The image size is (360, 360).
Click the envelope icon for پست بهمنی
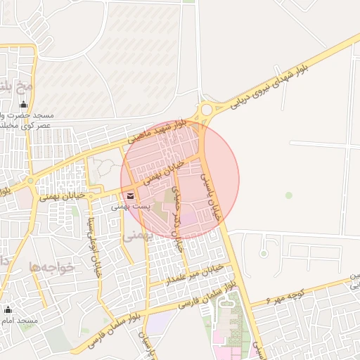click(x=130, y=195)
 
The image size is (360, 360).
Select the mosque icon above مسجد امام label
click(x=8, y=309)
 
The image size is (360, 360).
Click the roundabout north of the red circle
click(x=205, y=110)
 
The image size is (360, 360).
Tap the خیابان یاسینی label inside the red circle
click(x=212, y=198)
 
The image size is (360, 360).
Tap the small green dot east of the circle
click(x=288, y=195)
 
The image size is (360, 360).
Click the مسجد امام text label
click(x=19, y=321)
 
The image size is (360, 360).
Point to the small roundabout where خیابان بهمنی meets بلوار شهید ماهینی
click(x=30, y=181)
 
